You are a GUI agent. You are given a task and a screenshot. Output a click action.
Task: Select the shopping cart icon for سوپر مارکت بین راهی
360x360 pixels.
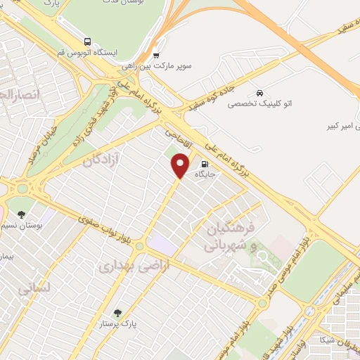click(156, 55)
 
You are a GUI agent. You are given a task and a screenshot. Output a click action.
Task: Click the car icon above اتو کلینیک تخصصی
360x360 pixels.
click(259, 93)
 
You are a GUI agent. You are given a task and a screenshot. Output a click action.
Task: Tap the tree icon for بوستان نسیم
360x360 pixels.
click(22, 214)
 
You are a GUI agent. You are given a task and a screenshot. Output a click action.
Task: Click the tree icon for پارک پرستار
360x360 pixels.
click(117, 314)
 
